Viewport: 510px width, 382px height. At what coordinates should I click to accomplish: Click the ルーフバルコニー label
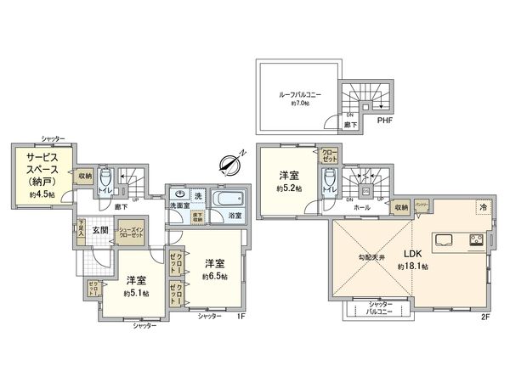tap(297, 95)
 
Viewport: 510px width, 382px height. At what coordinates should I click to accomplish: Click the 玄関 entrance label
tap(100, 231)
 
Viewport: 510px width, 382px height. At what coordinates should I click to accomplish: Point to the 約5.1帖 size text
tap(136, 293)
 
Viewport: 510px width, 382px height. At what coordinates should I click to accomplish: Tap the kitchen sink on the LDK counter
tap(445, 240)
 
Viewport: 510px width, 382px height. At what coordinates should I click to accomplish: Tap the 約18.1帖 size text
tap(411, 266)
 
